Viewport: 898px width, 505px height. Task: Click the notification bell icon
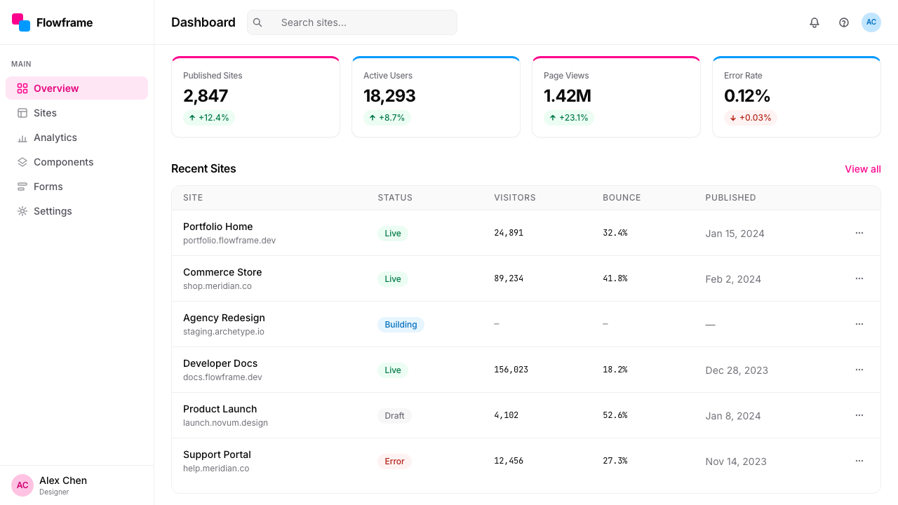coord(815,22)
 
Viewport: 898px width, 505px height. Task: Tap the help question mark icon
coord(844,22)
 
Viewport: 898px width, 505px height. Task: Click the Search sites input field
coord(352,22)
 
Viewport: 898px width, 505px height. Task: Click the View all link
coord(863,169)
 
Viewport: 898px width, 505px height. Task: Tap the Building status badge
coord(401,325)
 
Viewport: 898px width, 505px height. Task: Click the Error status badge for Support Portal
coord(394,462)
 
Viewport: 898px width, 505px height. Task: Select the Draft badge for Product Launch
coord(394,416)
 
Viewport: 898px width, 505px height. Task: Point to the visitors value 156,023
coord(511,370)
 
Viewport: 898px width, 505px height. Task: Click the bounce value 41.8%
coord(615,278)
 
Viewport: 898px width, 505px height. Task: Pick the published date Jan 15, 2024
coord(735,234)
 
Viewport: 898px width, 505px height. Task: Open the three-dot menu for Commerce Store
coord(859,278)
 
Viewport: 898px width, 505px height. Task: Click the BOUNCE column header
coord(622,198)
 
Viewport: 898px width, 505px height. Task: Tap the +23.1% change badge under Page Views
coord(569,118)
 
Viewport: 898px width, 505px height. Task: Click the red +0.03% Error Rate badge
coord(751,118)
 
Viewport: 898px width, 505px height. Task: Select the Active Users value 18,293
coord(389,96)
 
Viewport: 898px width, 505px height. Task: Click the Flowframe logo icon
coord(21,22)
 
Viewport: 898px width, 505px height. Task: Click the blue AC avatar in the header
coord(871,22)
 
